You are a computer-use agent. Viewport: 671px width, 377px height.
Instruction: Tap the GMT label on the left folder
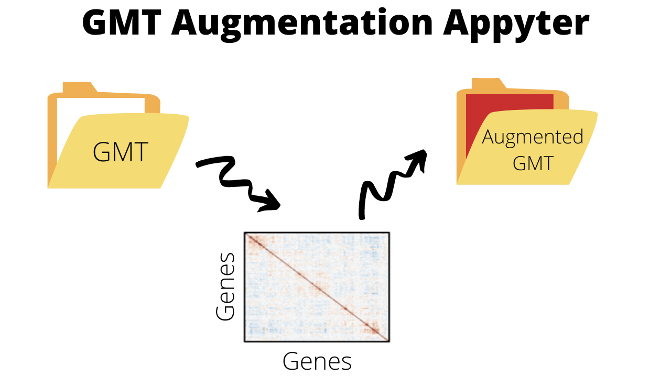[121, 152]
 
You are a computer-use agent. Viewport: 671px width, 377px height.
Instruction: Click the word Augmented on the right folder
[533, 137]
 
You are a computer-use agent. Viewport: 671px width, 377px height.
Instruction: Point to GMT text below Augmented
[533, 163]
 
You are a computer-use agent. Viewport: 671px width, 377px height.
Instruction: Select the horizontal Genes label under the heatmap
[317, 361]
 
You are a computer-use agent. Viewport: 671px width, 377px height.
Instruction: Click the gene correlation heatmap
[317, 287]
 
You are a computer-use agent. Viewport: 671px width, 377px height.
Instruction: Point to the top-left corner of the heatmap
[245, 233]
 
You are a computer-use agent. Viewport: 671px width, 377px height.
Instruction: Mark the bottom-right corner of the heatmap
[388, 341]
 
